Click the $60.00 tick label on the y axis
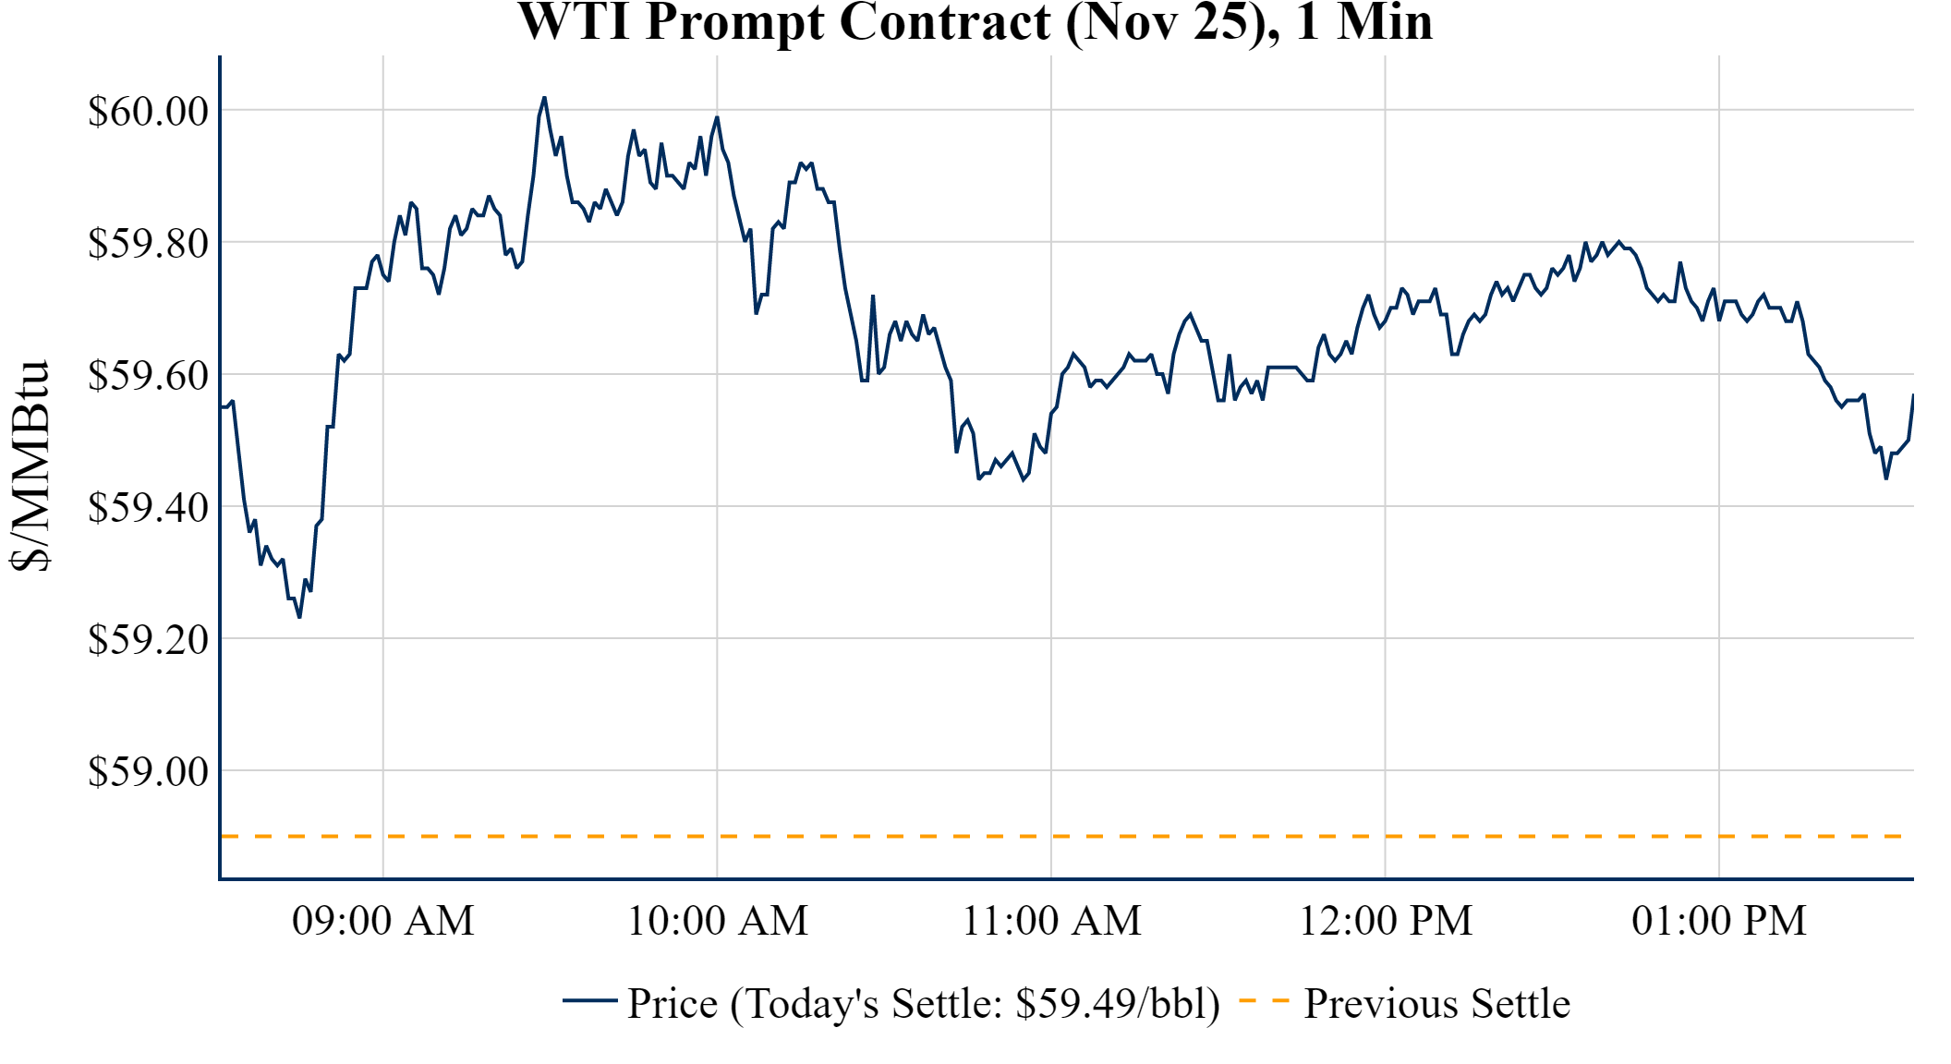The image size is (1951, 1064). click(148, 112)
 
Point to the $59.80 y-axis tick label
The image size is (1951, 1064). click(148, 244)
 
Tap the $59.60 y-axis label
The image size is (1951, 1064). click(148, 376)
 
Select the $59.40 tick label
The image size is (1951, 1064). click(148, 508)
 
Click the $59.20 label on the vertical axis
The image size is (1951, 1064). click(148, 640)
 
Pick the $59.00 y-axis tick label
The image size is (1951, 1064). click(148, 772)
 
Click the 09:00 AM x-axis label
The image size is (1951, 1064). click(383, 921)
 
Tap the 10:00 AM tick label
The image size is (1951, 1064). click(718, 921)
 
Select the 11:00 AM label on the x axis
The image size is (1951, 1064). click(1052, 921)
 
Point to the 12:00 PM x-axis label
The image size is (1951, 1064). click(1386, 921)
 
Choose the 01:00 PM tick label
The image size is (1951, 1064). click(1719, 921)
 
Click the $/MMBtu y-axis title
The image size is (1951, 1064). click(30, 465)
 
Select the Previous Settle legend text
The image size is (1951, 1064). click(1436, 1004)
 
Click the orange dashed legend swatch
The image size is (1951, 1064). click(1264, 1001)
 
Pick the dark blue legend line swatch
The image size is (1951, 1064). click(589, 1001)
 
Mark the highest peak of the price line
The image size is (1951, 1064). click(544, 97)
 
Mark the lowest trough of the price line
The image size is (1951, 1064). click(299, 617)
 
